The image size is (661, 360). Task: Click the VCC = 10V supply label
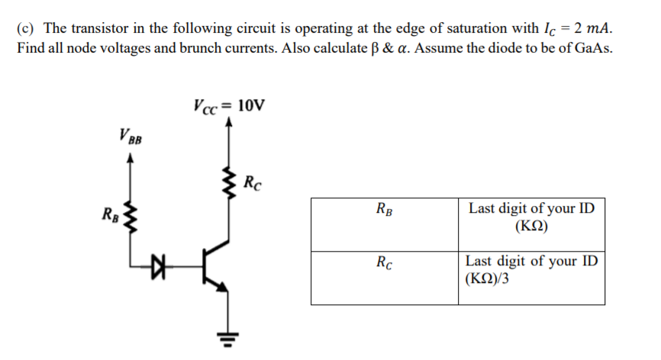[x=229, y=105]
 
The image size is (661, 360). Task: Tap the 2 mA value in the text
[x=593, y=29]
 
